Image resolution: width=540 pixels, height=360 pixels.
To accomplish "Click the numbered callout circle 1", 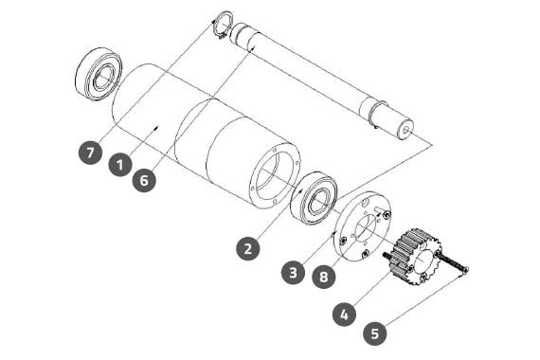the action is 120,165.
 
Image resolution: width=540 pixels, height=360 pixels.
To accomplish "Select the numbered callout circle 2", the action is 248,248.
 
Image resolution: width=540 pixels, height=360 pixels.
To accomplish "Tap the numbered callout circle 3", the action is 293,273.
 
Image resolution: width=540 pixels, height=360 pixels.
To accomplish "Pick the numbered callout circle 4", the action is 345,315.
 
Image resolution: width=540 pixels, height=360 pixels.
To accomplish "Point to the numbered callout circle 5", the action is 375,333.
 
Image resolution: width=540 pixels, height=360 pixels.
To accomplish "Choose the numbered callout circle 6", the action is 144,180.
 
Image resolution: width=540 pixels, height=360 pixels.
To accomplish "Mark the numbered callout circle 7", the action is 90,153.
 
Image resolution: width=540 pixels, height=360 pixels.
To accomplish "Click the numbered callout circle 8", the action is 324,277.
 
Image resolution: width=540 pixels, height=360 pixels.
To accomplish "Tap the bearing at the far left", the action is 99,73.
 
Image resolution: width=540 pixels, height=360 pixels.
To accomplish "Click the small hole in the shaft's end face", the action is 407,130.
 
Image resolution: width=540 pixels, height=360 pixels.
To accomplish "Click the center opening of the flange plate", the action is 365,228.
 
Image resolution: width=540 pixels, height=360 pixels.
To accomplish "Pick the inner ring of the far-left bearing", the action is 103,78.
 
